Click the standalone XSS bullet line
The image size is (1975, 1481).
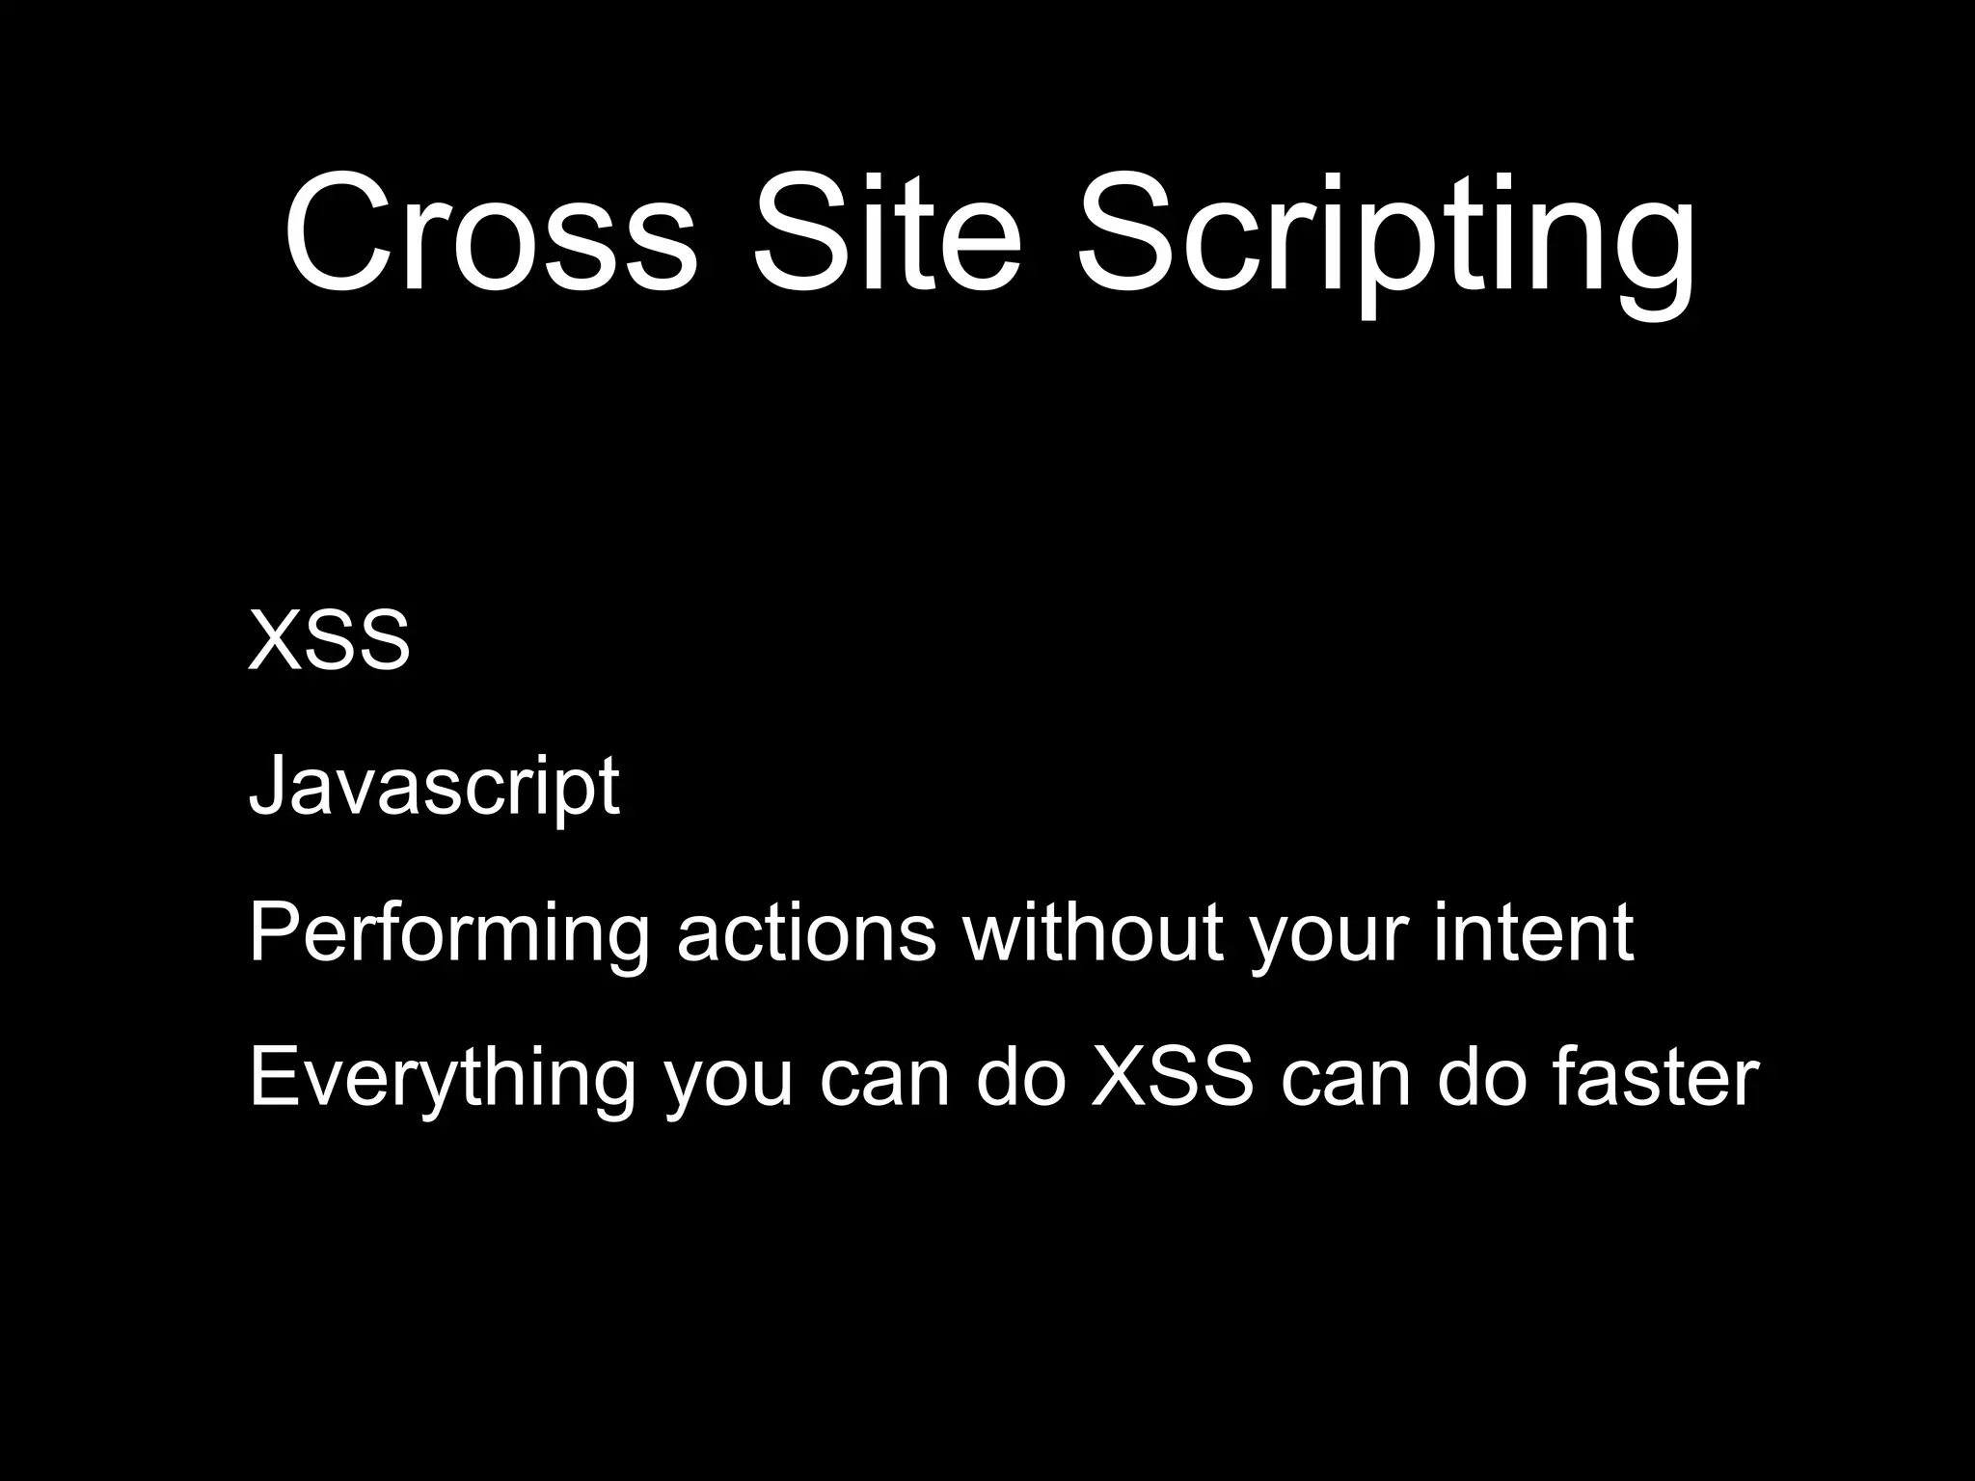click(x=329, y=641)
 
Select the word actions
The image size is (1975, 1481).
click(x=806, y=933)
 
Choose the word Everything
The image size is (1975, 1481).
click(x=442, y=1078)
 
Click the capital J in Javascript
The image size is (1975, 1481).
click(x=265, y=785)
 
